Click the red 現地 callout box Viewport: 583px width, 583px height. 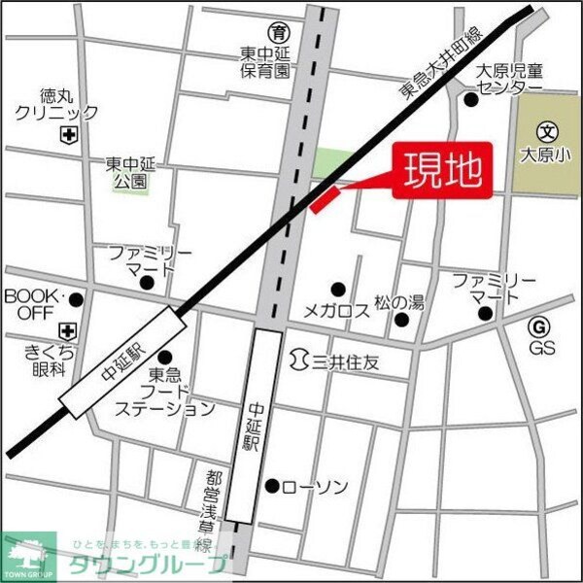442,173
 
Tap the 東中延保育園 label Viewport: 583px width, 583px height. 266,62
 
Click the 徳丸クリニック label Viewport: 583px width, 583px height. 55,104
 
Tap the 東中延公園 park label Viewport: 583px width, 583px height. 128,172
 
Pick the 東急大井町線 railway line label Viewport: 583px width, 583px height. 439,61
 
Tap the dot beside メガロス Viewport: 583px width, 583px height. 338,289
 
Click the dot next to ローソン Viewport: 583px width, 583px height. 273,486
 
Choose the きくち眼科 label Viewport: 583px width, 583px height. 34,360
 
